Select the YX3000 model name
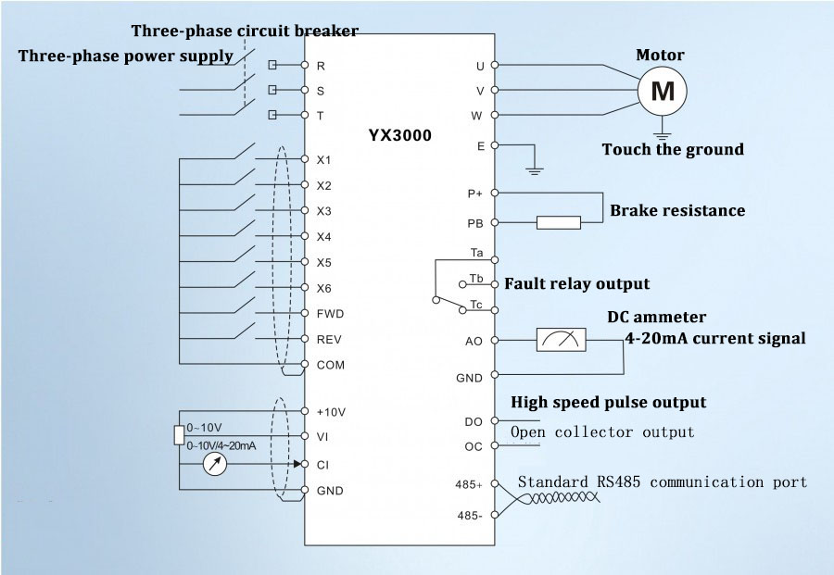point(399,134)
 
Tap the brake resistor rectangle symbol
point(559,222)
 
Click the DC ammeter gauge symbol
point(562,340)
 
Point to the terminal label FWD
point(329,314)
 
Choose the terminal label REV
point(329,340)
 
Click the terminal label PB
point(474,223)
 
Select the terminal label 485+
point(469,484)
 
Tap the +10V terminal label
point(330,411)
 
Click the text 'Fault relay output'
point(575,283)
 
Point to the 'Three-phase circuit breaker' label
point(245,31)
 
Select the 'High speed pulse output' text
point(609,402)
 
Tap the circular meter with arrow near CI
point(215,465)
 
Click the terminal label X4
point(324,237)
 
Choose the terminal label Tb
point(475,279)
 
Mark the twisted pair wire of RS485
point(556,499)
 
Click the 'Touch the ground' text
point(673,149)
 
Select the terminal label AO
point(474,342)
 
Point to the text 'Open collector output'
point(602,432)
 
